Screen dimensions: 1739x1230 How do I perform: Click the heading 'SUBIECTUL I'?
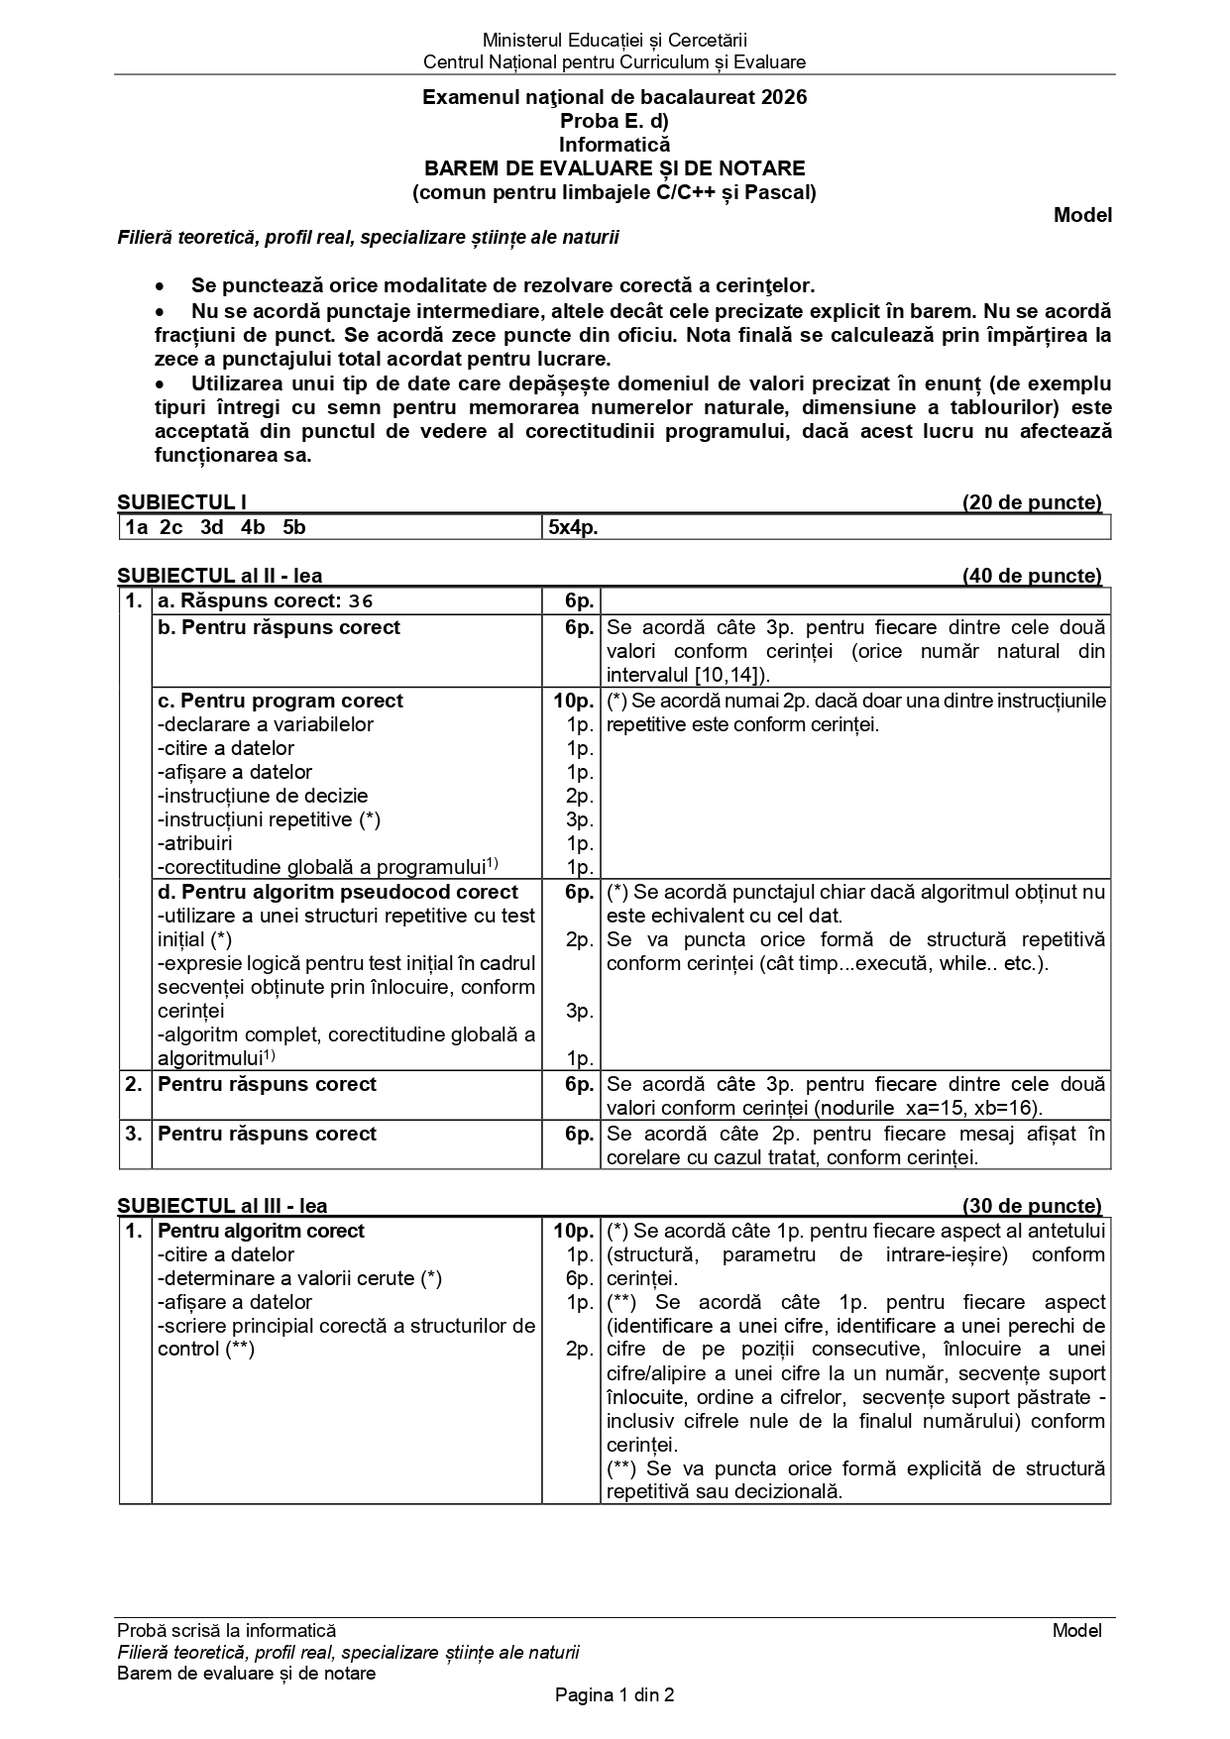coord(181,502)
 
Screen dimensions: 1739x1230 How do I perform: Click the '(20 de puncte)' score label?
coord(1032,502)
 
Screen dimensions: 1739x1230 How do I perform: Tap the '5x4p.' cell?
coord(574,527)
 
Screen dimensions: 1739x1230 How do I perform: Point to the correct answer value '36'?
coord(361,600)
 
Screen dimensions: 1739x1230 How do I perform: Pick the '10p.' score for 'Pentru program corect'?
coord(573,701)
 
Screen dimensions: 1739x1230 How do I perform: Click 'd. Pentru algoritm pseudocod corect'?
coord(338,892)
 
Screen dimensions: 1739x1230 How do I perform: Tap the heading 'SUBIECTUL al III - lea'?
coord(222,1206)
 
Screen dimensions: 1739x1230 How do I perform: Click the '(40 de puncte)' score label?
coord(1032,576)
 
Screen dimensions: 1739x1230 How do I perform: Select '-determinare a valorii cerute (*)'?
coord(299,1278)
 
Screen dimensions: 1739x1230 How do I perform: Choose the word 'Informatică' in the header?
coord(615,145)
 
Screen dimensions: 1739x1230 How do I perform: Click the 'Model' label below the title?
coord(1082,215)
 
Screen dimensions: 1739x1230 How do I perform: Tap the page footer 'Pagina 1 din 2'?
coord(615,1695)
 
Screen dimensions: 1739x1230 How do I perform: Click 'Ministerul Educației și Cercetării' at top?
coord(615,41)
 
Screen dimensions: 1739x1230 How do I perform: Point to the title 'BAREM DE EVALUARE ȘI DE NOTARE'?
coord(615,168)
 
